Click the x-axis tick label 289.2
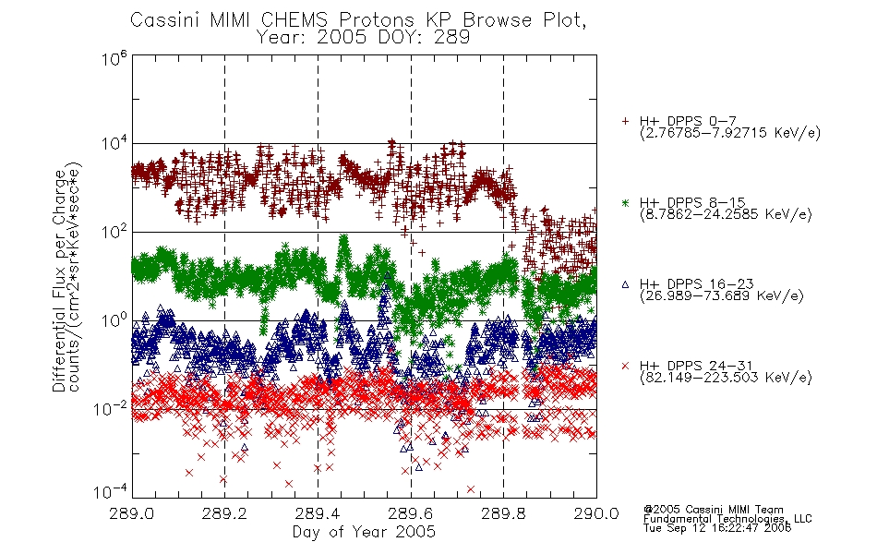click(x=225, y=513)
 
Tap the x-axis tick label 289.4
click(x=318, y=513)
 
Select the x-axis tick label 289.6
click(x=411, y=513)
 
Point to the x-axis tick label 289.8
click(x=503, y=513)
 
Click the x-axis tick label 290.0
click(x=596, y=513)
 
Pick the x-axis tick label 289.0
click(x=132, y=513)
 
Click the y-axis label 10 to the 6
click(x=114, y=58)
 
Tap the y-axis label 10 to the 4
click(x=114, y=144)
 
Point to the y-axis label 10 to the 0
click(x=114, y=320)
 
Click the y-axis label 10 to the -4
click(x=110, y=491)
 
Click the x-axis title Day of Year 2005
click(x=364, y=532)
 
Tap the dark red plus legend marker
click(x=625, y=121)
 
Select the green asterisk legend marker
click(x=625, y=203)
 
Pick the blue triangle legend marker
click(x=625, y=284)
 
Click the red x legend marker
click(x=625, y=366)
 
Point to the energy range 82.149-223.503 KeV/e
click(x=726, y=378)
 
